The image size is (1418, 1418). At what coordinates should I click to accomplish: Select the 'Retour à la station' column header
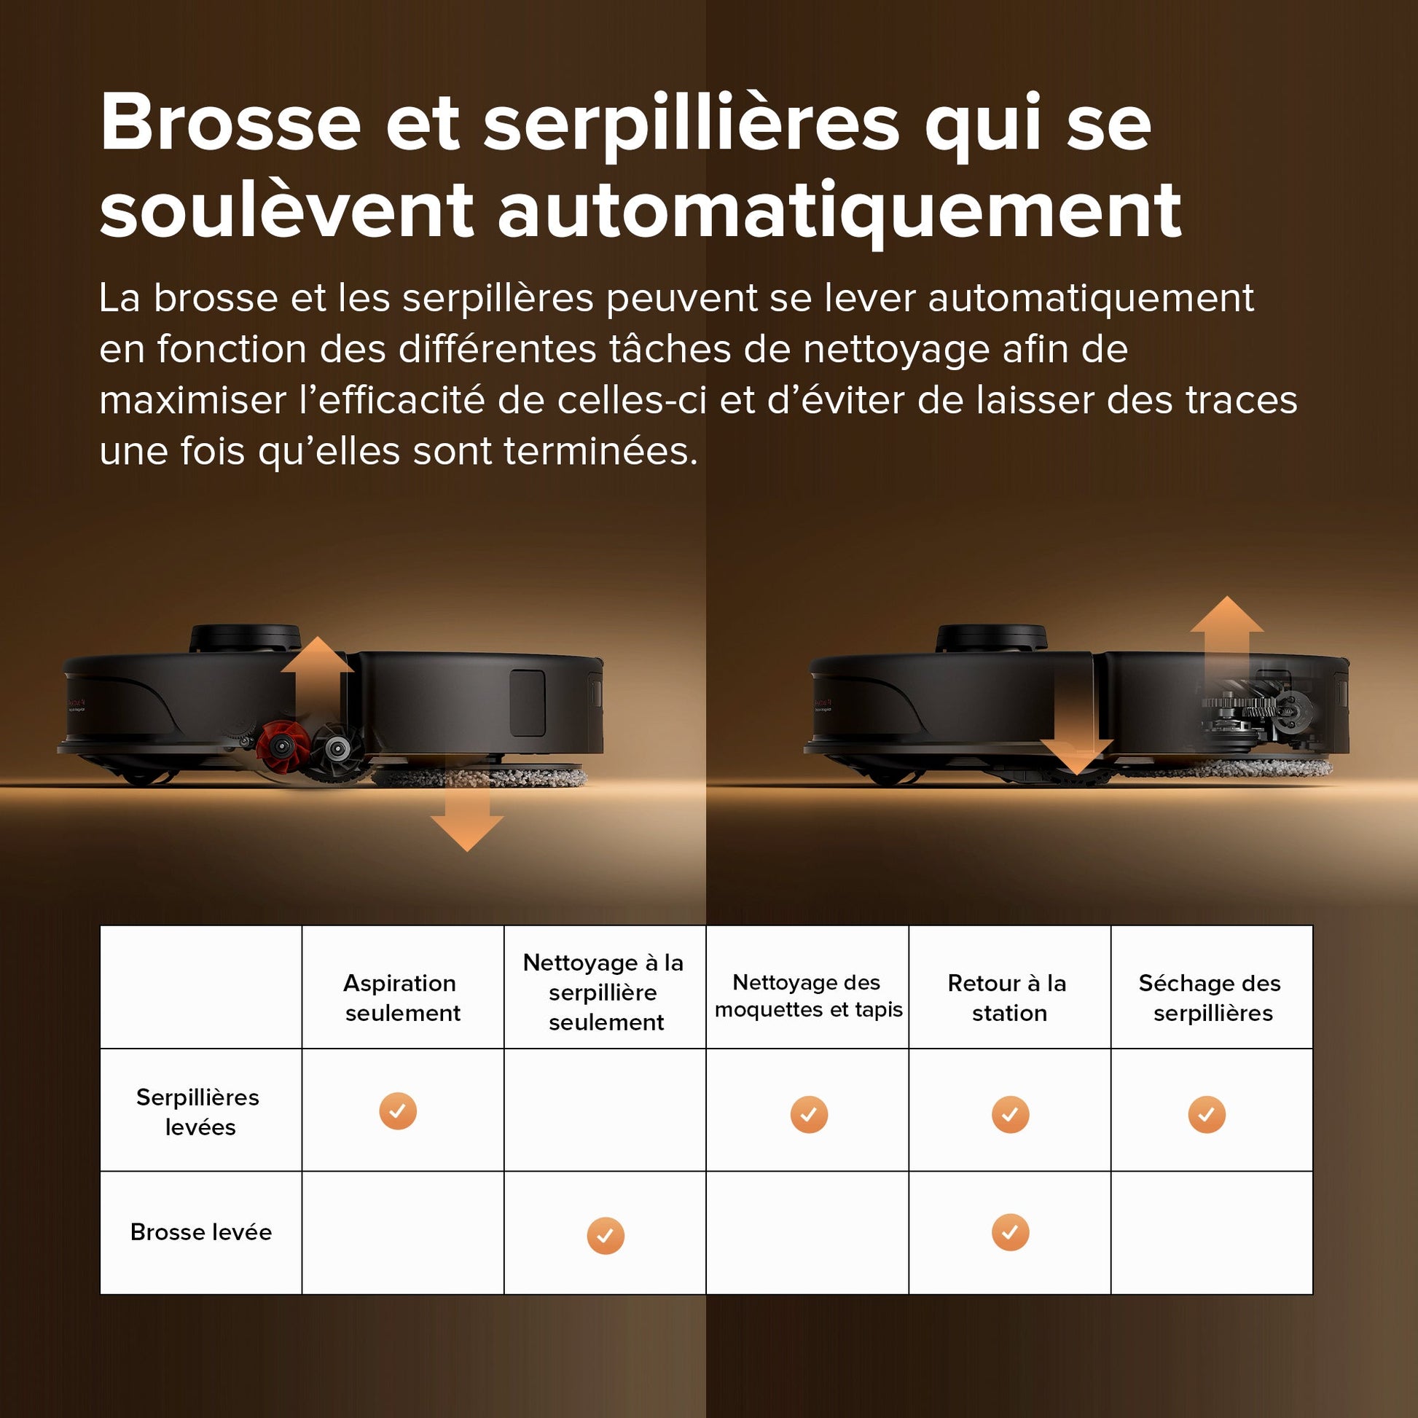click(1008, 998)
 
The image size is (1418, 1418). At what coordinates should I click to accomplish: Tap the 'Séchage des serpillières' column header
click(1211, 998)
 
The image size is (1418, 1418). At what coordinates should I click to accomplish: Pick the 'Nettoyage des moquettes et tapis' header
click(807, 995)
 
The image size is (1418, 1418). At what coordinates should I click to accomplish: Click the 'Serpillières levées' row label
click(198, 1111)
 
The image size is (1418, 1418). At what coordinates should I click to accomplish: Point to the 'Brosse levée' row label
click(200, 1231)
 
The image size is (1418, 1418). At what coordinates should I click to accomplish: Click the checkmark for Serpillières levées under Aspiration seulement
click(398, 1110)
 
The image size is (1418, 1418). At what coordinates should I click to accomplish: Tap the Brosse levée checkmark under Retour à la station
click(1010, 1231)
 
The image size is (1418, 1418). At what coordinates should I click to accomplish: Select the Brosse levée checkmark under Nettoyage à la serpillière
click(606, 1235)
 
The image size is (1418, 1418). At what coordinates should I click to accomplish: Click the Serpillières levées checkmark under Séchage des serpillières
click(1207, 1114)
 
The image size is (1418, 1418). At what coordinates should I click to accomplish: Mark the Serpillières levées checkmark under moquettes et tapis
click(809, 1114)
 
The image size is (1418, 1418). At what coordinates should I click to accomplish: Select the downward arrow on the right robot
click(1076, 748)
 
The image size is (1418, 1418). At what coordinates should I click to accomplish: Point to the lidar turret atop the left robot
click(245, 637)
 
